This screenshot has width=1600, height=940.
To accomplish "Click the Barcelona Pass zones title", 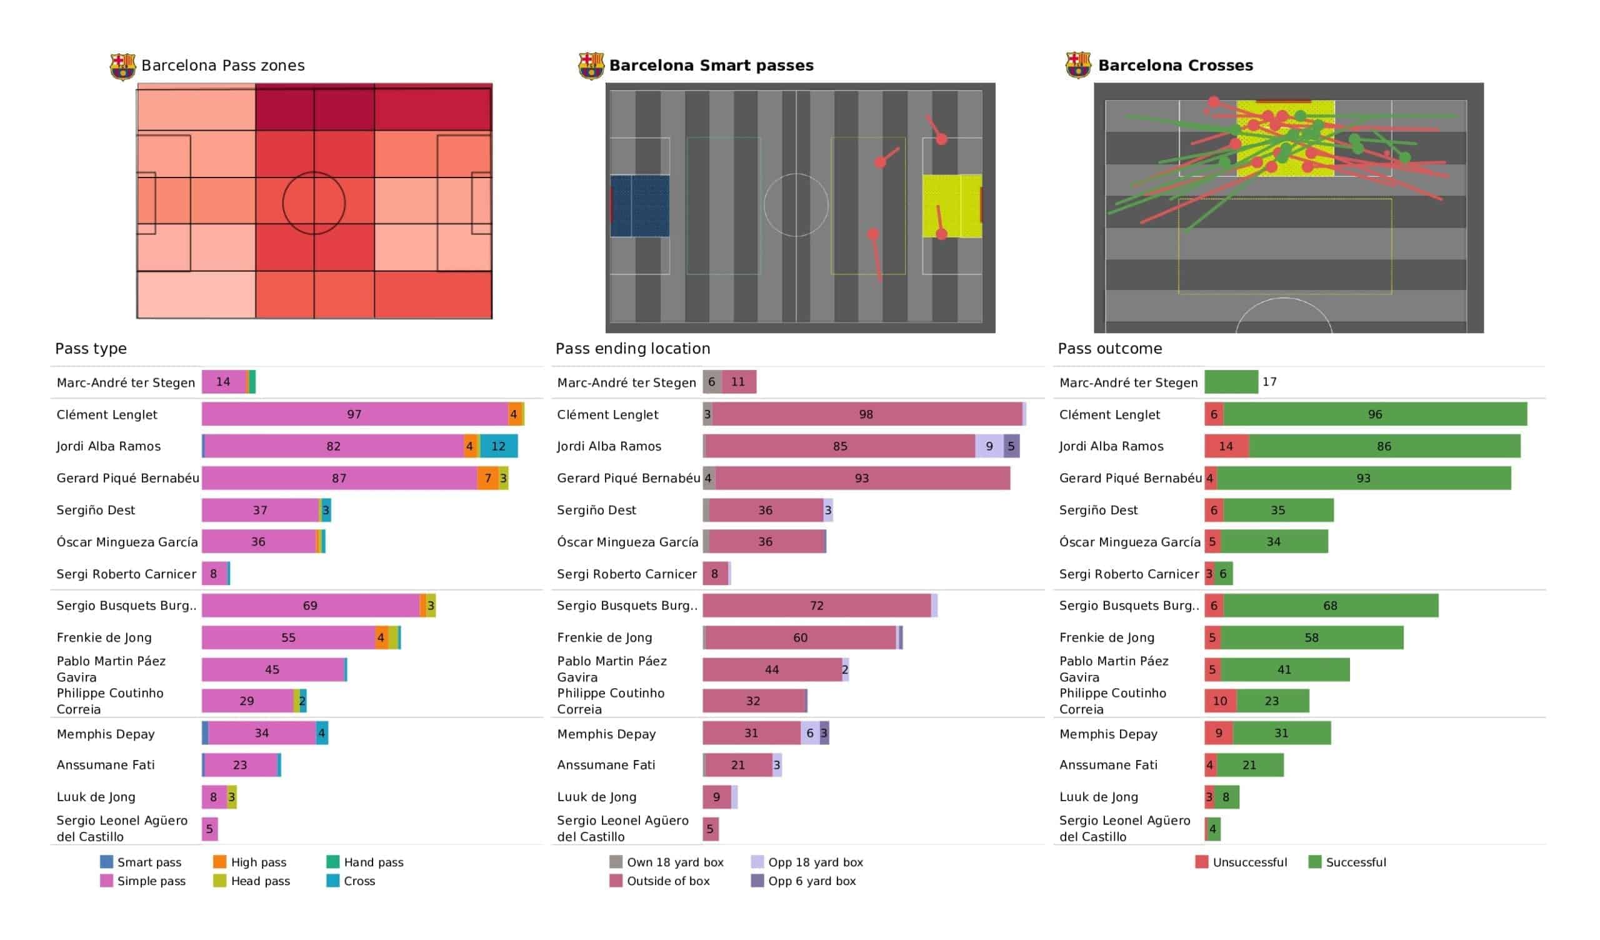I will pos(223,66).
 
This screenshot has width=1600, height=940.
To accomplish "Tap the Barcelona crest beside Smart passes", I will pos(591,66).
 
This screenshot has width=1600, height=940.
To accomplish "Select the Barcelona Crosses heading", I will pos(1175,66).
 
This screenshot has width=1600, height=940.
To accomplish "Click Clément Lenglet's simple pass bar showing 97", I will pos(354,415).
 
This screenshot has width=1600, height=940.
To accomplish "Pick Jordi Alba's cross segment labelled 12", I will pos(498,446).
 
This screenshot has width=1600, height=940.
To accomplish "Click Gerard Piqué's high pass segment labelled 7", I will pos(487,478).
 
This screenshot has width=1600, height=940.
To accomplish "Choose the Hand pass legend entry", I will pos(365,862).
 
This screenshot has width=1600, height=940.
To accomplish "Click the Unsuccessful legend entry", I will pos(1241,862).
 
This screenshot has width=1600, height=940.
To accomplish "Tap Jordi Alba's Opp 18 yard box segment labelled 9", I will pos(989,446).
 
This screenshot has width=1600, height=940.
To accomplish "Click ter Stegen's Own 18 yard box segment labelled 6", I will pos(712,382).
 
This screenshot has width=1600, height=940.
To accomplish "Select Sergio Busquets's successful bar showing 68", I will pos(1330,606).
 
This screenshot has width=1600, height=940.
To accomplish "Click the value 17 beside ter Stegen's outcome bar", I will pos(1269,382).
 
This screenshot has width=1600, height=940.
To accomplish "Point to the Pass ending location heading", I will pos(632,349).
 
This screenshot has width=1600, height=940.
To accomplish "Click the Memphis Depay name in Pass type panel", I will pos(106,734).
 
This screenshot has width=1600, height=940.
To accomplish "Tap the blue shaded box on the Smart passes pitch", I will pos(640,206).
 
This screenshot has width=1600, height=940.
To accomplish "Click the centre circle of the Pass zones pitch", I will pos(314,203).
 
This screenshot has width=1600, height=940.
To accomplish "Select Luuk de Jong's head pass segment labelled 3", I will pos(232,797).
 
